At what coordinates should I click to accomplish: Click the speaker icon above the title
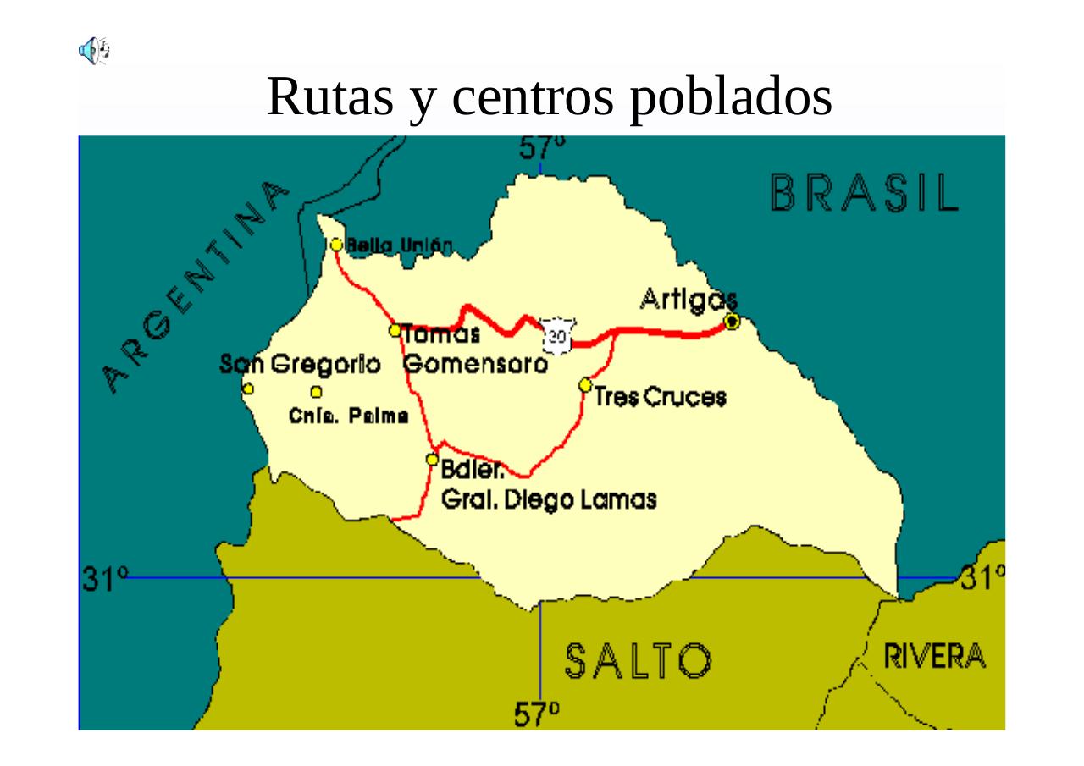tap(94, 51)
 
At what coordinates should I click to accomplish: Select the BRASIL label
tap(865, 193)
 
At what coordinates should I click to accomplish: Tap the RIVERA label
tap(935, 656)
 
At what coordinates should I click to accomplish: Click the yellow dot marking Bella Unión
tap(336, 245)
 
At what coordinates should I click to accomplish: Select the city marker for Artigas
tap(733, 321)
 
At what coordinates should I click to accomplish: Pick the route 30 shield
tap(557, 335)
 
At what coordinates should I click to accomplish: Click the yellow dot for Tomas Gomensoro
tap(395, 330)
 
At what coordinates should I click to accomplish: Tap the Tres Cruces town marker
tap(585, 385)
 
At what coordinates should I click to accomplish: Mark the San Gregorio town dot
tap(248, 389)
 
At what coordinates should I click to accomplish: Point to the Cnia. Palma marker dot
tap(316, 392)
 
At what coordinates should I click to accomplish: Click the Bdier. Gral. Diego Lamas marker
tap(432, 460)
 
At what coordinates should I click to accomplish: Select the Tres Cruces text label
tap(661, 397)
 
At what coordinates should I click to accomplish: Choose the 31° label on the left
tap(104, 580)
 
